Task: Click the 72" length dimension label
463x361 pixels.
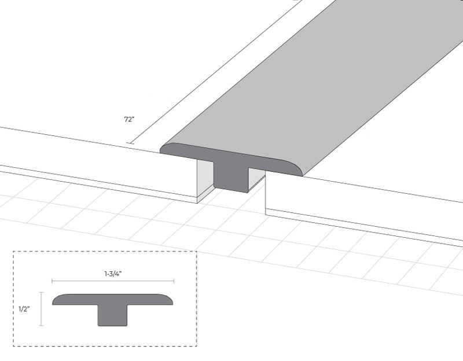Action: tap(128, 120)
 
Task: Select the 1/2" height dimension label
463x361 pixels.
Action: tap(24, 309)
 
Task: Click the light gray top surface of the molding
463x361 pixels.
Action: tap(301, 81)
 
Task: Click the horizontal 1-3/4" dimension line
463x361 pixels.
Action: tap(113, 281)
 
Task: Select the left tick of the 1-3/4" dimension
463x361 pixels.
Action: tap(53, 281)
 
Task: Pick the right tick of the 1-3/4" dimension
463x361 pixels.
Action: tap(174, 281)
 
